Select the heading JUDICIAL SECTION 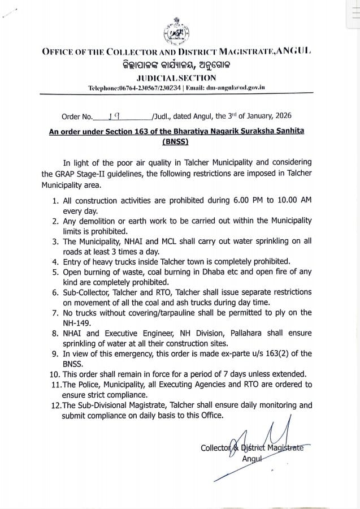click(x=176, y=77)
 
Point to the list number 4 click(x=55, y=261)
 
